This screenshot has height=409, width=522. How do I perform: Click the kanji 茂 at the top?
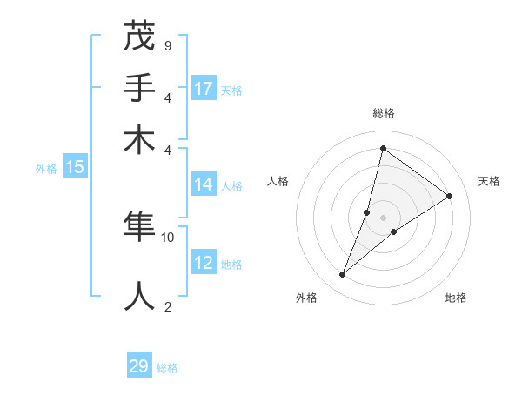(x=140, y=37)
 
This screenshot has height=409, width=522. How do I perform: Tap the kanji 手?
(x=140, y=88)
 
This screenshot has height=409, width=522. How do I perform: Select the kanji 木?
(x=140, y=140)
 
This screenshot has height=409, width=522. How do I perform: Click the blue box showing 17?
(x=204, y=89)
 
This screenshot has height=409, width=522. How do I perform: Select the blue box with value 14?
(x=204, y=184)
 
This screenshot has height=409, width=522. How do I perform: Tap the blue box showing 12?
(x=204, y=263)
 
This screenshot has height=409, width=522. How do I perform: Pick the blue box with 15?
(x=75, y=167)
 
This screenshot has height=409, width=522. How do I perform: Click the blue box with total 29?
(x=139, y=366)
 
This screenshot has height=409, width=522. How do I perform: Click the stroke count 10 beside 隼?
(x=168, y=237)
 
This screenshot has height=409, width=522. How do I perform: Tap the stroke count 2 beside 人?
(x=167, y=305)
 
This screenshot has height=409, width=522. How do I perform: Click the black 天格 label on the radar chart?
(x=489, y=181)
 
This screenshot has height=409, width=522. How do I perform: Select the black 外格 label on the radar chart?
(x=306, y=298)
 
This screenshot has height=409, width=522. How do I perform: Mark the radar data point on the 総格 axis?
(x=383, y=148)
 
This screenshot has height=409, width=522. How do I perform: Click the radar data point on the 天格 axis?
(x=449, y=196)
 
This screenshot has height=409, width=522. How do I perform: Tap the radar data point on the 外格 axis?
(x=343, y=275)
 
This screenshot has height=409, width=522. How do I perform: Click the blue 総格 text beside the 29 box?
(x=167, y=368)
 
